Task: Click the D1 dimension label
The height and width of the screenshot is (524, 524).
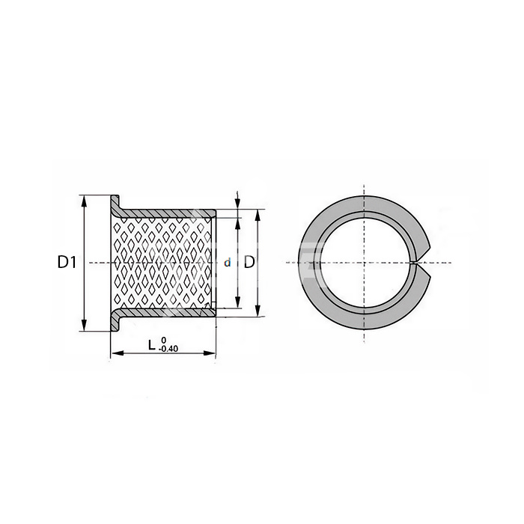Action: [x=67, y=262]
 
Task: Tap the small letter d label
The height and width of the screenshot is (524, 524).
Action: [x=228, y=263]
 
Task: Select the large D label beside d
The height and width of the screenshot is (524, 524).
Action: [x=249, y=262]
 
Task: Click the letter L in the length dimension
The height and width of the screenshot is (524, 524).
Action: [x=152, y=345]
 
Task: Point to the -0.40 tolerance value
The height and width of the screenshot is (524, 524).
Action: [x=168, y=349]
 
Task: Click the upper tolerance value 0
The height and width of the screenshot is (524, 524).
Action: [x=163, y=340]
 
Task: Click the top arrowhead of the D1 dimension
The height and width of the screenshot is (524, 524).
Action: [x=84, y=201]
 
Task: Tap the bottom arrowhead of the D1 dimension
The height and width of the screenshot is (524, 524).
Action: [x=84, y=325]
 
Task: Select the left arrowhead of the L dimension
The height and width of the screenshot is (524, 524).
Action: [x=117, y=353]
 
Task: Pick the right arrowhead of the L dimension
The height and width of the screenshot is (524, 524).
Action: [x=210, y=353]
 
